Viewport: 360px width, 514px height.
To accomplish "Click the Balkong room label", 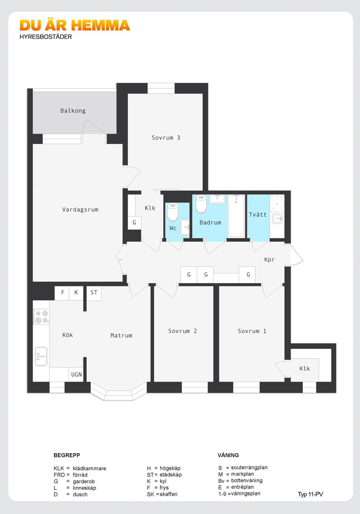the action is click(73, 111).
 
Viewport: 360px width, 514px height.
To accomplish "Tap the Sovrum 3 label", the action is click(166, 138).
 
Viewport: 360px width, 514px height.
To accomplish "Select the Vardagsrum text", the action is click(80, 210).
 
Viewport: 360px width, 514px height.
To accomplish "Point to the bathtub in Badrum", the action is click(236, 216).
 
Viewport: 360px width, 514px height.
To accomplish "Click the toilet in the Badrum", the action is click(201, 204).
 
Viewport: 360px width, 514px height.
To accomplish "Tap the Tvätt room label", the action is click(258, 215).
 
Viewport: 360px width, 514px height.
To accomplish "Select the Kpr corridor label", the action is click(269, 260).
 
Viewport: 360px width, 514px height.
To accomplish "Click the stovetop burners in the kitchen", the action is click(41, 317).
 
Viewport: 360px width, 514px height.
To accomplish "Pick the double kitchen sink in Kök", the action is click(41, 356).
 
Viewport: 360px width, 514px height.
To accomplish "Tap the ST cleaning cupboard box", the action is click(94, 293).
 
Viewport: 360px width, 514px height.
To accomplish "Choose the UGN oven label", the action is click(76, 374).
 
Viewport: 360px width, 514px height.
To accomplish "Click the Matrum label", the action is click(122, 335).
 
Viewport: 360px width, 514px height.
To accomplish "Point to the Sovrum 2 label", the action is click(183, 331).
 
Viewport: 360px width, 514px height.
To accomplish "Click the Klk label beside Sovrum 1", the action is click(305, 369).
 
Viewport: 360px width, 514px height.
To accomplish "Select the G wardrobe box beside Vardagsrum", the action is click(134, 223).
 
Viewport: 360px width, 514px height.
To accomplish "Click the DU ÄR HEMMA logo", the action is click(75, 25).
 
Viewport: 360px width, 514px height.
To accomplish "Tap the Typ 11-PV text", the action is click(310, 495).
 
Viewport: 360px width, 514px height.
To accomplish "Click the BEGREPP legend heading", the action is click(67, 455).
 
